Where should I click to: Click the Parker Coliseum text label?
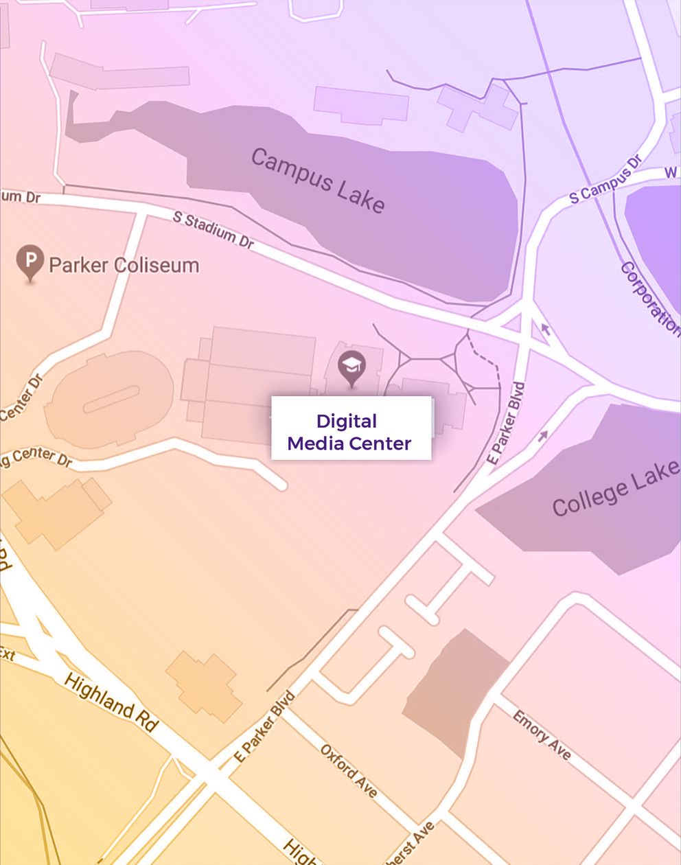[124, 265]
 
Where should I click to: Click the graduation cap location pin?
[352, 367]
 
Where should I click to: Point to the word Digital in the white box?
[347, 421]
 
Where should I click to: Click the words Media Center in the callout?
[349, 443]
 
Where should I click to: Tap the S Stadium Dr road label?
[213, 230]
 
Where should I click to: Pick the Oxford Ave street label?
[349, 770]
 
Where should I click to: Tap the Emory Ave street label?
[542, 735]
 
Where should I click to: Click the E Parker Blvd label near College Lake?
[506, 424]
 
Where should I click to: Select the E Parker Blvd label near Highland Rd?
[265, 726]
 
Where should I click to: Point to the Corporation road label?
[649, 297]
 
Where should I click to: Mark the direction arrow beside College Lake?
[544, 435]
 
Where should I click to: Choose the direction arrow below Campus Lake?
[546, 330]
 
